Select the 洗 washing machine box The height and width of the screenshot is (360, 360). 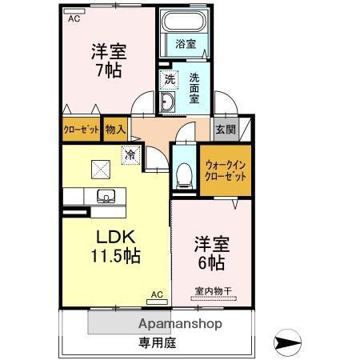coord(169,78)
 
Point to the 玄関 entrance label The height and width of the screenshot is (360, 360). coord(223,129)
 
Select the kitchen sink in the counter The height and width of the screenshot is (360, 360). coord(104,196)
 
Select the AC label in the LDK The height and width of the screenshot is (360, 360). coord(156,295)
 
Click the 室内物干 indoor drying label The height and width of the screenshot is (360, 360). coord(210,290)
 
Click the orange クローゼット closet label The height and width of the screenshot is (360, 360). coord(82,129)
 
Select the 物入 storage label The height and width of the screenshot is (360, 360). coord(115,129)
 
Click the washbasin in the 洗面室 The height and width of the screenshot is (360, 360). coord(168,102)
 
